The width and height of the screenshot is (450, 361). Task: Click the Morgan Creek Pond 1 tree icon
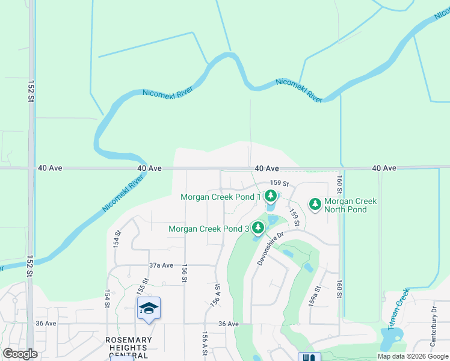tap(271, 196)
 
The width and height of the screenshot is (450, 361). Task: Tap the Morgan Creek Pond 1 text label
tap(220, 197)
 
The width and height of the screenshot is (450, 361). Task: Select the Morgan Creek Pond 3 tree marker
tap(258, 227)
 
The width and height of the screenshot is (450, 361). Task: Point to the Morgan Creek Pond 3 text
tap(208, 229)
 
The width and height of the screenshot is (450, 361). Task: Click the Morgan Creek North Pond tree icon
tap(315, 205)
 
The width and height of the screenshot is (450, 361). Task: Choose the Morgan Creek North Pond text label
tap(350, 205)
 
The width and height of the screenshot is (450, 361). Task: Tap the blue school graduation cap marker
tap(149, 309)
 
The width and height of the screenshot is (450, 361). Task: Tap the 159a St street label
tap(312, 297)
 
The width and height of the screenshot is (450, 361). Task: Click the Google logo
tap(20, 354)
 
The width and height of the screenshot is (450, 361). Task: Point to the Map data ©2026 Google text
tap(412, 356)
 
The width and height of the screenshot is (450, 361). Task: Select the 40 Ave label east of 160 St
tap(384, 168)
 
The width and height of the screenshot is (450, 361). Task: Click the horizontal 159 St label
tap(280, 183)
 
